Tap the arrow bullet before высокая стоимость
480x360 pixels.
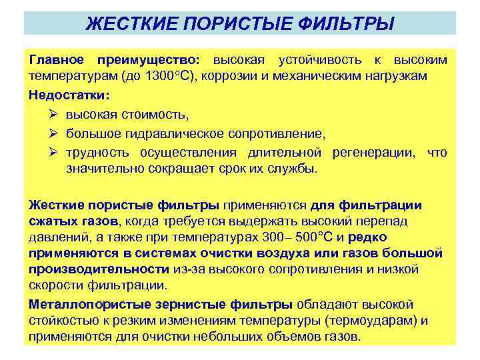point(53,115)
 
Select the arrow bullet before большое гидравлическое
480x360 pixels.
point(53,134)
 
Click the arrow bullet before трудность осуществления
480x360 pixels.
point(53,153)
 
